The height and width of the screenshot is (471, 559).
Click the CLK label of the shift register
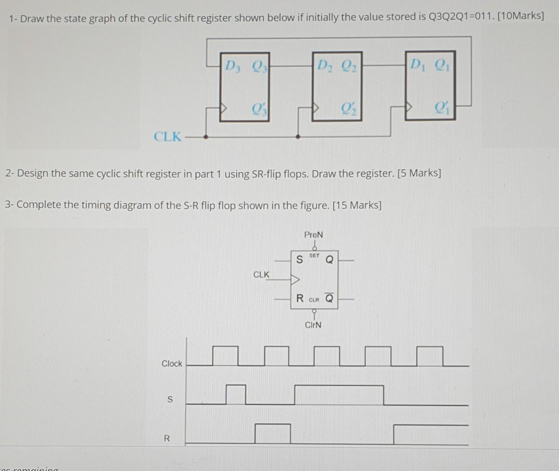[167, 137]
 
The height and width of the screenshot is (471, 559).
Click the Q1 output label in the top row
[442, 65]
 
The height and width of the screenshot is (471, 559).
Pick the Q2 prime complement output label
[348, 107]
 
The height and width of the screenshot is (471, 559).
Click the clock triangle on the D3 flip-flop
[224, 107]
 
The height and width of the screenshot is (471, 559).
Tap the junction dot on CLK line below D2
[298, 137]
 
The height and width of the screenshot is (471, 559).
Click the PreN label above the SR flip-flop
[314, 235]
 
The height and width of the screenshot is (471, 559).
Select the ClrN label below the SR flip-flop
[313, 325]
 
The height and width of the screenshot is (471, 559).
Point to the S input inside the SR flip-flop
[299, 260]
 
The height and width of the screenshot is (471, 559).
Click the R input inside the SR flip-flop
[300, 299]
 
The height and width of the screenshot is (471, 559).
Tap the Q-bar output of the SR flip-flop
[329, 299]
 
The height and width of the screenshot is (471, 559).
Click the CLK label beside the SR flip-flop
[261, 274]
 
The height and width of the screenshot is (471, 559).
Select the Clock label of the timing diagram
[172, 363]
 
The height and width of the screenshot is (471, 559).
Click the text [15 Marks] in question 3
[357, 205]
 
